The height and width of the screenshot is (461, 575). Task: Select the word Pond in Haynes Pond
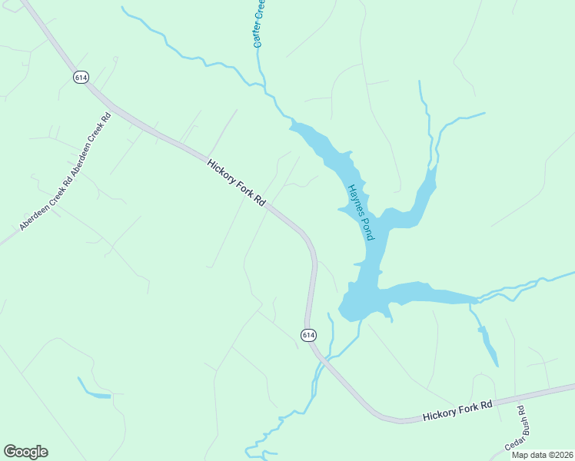click(367, 227)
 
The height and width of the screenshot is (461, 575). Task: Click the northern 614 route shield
click(80, 78)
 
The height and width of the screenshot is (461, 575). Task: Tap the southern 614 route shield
click(307, 334)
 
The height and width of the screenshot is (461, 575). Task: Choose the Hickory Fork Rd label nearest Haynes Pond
click(237, 182)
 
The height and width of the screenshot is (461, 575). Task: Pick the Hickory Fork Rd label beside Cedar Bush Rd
click(457, 410)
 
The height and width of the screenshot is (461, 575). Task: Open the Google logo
click(25, 451)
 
